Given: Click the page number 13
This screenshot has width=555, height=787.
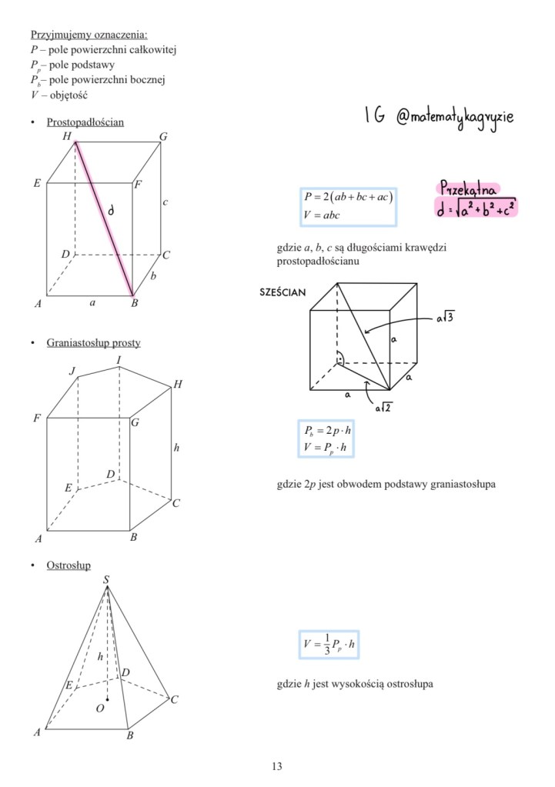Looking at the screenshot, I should point(277,766).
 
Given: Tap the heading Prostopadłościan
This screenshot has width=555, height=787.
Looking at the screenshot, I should point(85,122).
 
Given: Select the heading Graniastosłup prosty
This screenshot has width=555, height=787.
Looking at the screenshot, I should point(93,342).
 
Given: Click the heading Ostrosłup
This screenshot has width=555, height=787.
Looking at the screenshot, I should point(69,565).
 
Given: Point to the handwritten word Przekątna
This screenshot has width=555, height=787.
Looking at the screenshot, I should point(467,188).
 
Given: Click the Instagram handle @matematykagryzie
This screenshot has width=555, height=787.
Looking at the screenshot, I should point(453,117).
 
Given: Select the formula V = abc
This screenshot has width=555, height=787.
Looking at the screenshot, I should point(322,215).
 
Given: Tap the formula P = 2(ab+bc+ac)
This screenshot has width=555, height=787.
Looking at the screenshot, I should point(349,198).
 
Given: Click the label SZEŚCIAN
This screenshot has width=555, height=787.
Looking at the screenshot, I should point(284,292).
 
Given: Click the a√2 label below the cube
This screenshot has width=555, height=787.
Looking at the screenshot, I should point(383,408).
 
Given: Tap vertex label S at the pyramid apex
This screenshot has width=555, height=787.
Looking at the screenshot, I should point(106,579).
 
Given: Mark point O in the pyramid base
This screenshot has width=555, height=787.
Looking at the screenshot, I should point(100,708).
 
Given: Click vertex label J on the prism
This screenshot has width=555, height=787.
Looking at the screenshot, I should point(73,371).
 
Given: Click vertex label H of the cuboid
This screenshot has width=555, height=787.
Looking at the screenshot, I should point(67,136).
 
